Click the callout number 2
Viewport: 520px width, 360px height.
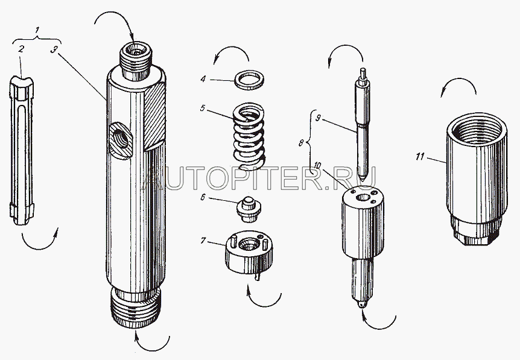tap(21, 49)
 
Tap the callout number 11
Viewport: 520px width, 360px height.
tap(420, 156)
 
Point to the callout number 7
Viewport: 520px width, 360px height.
tap(203, 241)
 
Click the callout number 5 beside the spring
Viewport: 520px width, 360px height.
tap(202, 108)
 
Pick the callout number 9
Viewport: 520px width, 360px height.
tap(318, 118)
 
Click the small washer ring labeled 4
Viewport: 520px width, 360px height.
tap(250, 80)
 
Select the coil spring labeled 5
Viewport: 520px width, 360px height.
tap(249, 136)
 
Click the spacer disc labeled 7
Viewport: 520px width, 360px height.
tap(249, 254)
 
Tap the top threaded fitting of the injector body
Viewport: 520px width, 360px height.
tap(136, 59)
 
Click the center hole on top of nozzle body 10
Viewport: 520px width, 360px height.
tap(363, 198)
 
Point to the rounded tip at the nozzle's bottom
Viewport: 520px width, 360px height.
tap(363, 304)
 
